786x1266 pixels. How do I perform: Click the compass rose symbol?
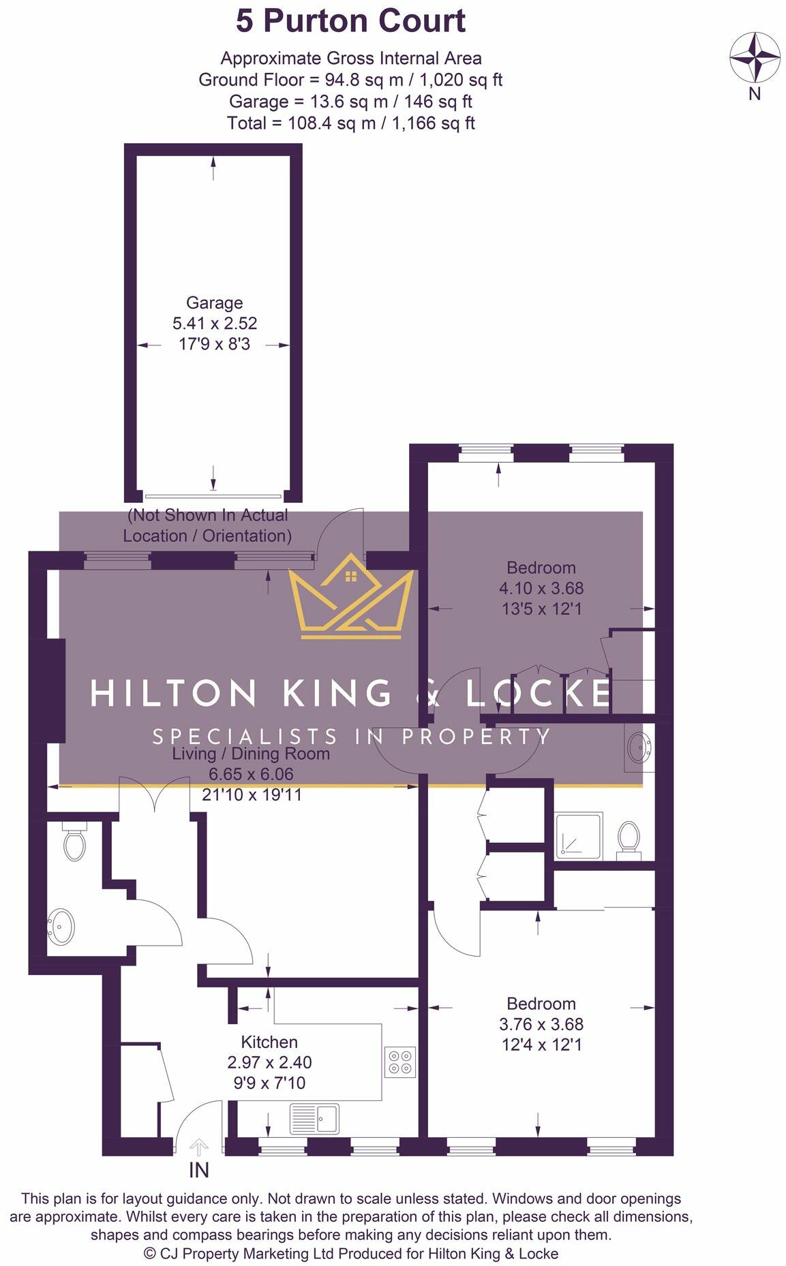pos(755,57)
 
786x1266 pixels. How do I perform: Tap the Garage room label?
pos(214,303)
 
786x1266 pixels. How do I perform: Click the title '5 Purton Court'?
pos(350,21)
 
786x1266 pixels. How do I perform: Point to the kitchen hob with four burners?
pos(399,1062)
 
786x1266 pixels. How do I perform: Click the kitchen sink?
pos(314,1119)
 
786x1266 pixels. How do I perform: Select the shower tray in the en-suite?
pos(579,835)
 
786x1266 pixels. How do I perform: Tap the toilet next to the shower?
pos(628,839)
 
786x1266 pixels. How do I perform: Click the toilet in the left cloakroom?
pos(74,842)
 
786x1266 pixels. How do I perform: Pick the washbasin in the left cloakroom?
pos(61,927)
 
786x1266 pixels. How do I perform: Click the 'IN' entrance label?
pos(198,1171)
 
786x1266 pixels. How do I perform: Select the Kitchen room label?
pos(269,1042)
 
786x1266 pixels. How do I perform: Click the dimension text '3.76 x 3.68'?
pos(541,1024)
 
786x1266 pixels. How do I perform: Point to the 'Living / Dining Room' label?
pos(251,754)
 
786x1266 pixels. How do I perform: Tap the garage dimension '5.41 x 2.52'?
pos(215,323)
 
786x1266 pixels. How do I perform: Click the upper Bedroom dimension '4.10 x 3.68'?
pos(541,588)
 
